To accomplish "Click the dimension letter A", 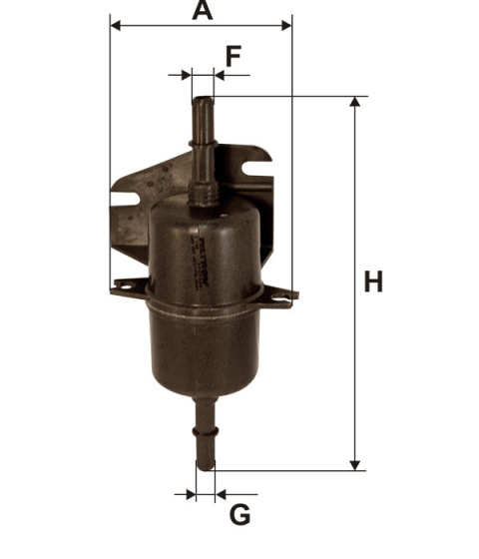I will (203, 11).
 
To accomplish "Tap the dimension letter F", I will (233, 56).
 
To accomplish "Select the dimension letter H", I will (373, 282).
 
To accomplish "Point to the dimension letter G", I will (239, 515).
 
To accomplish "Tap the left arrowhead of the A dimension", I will (116, 25).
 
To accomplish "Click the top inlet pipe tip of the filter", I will (202, 102).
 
